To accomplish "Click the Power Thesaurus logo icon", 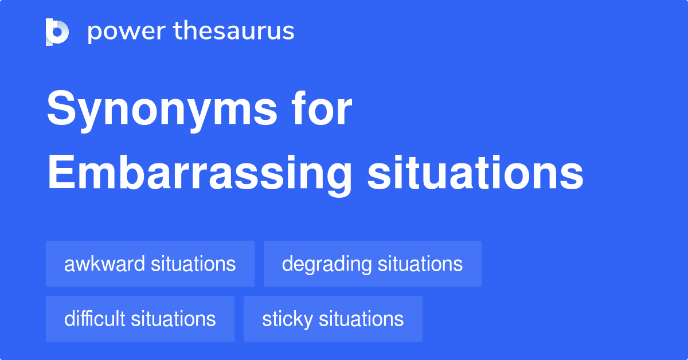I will click(x=57, y=32).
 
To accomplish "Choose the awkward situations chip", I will click(x=150, y=264).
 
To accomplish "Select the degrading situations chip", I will click(x=372, y=264).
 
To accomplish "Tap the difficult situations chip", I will click(x=140, y=319).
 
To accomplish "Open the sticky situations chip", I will click(x=333, y=319).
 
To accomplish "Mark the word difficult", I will click(x=95, y=319).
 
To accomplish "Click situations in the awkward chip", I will click(x=193, y=264).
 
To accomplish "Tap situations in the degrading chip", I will click(x=420, y=264).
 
